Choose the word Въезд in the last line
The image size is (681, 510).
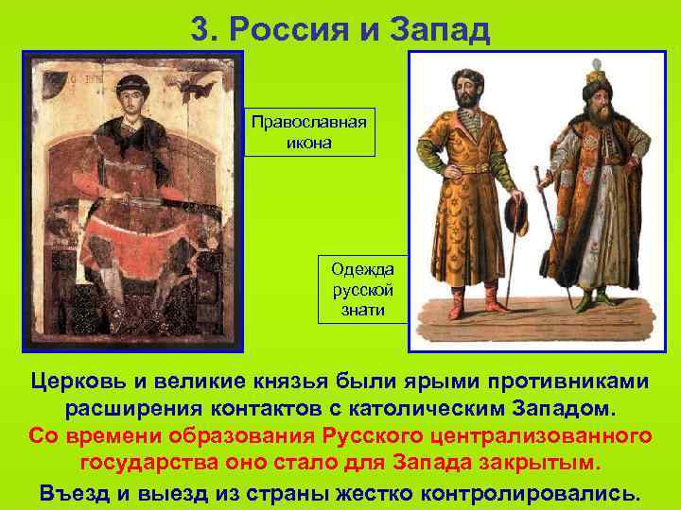71,492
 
